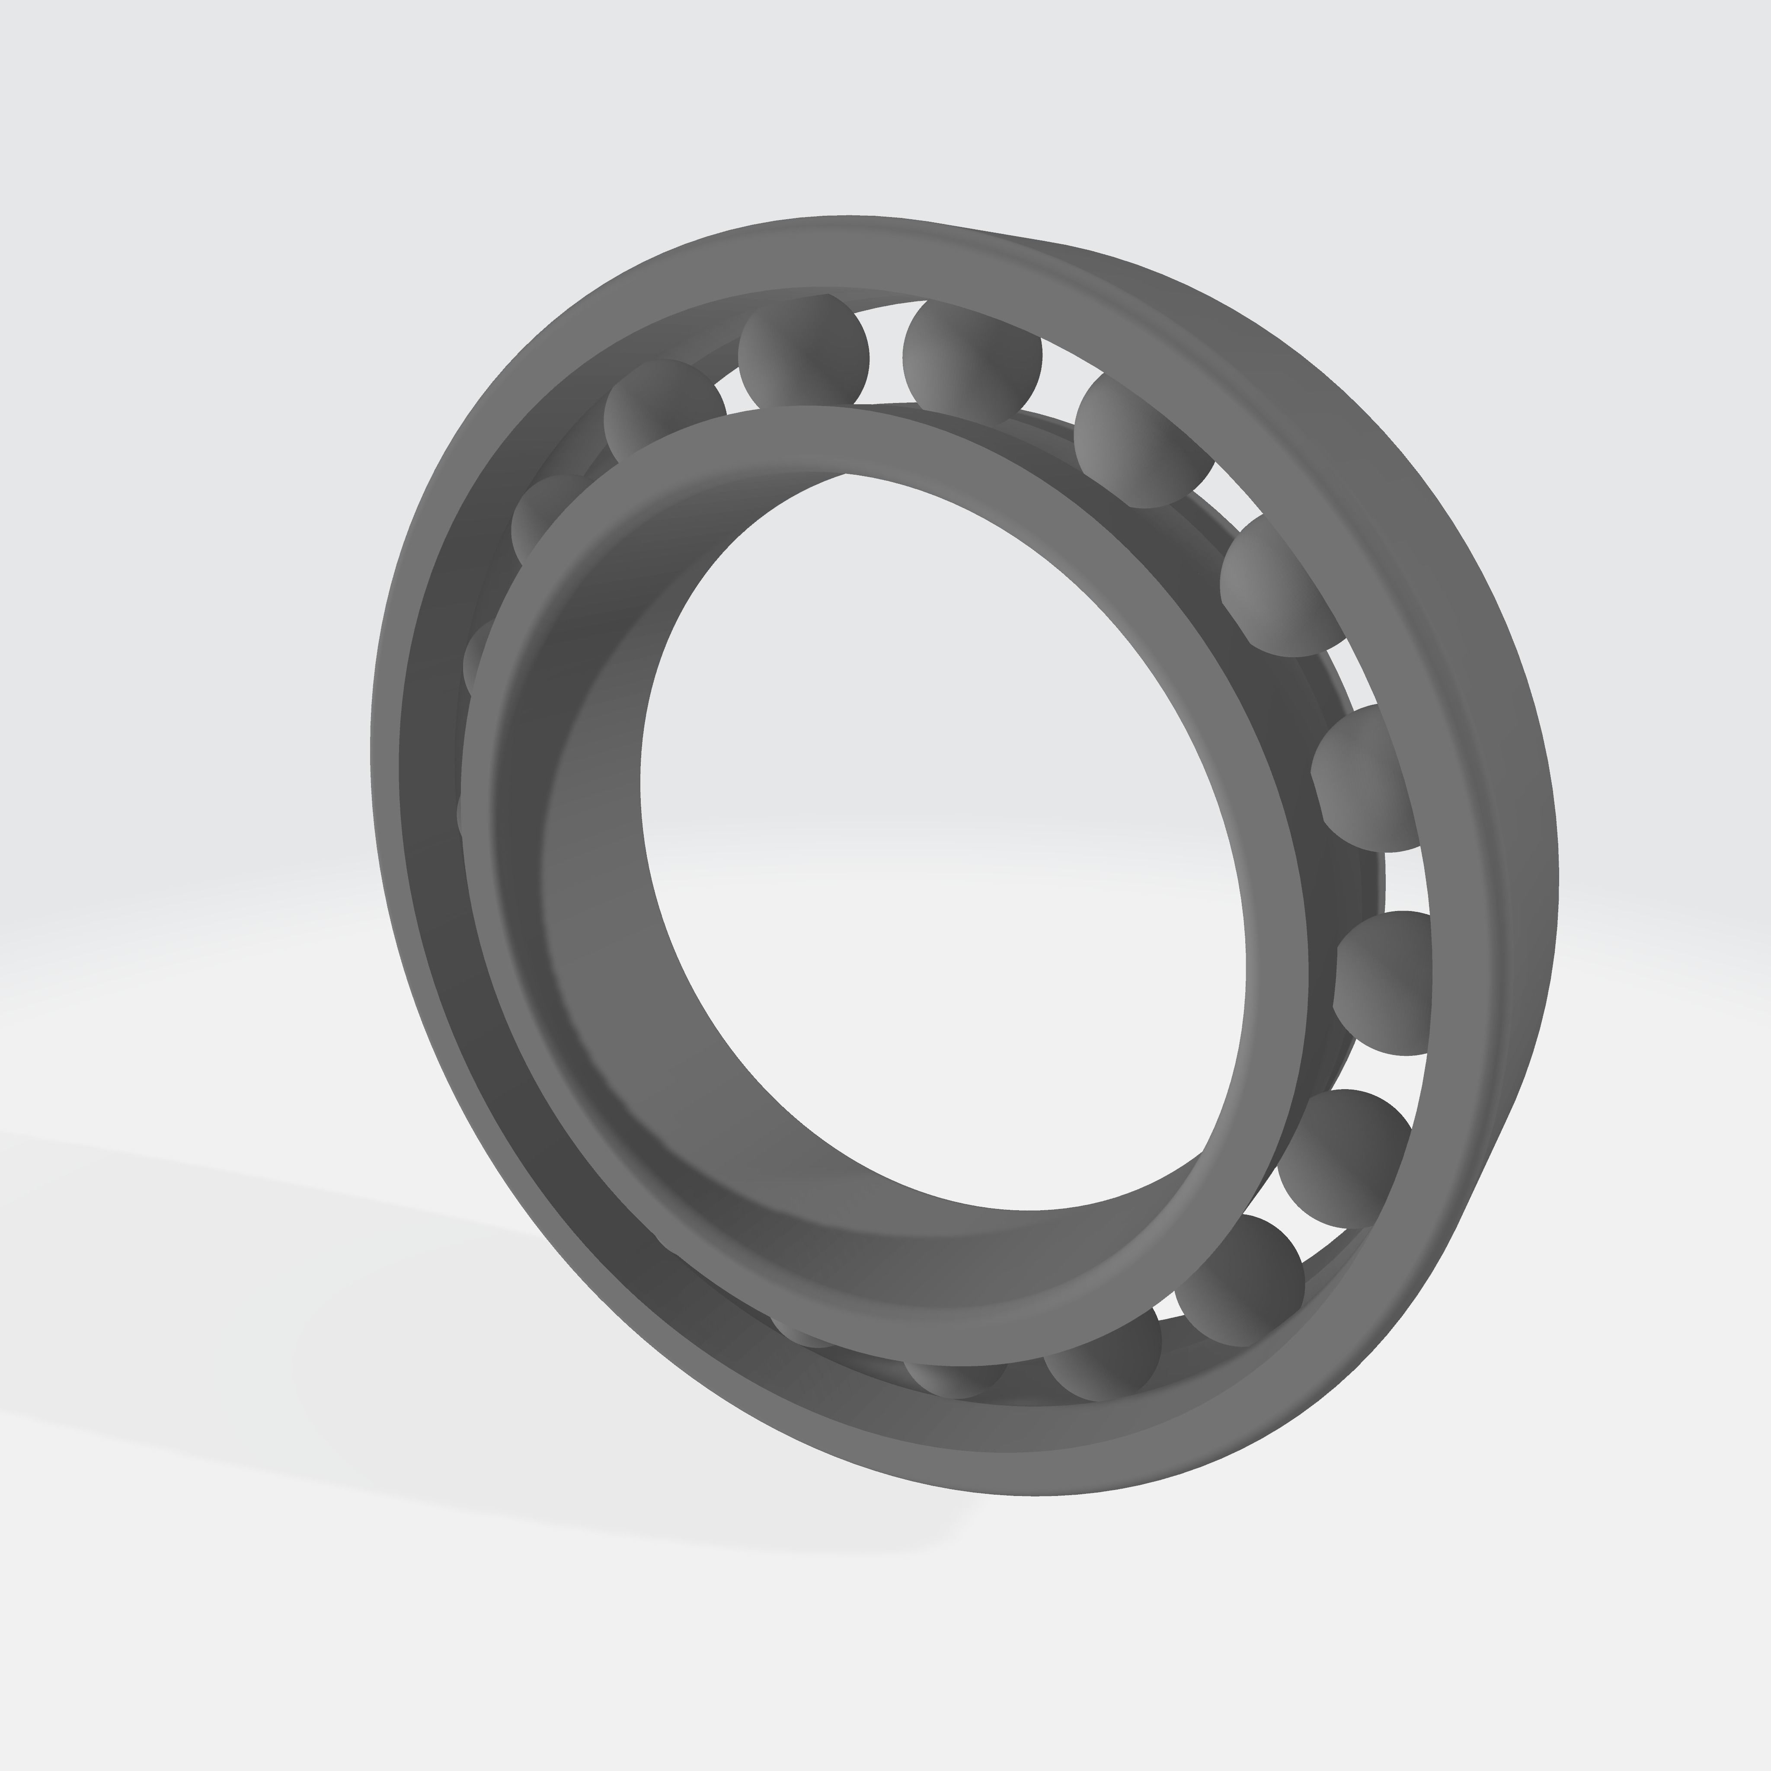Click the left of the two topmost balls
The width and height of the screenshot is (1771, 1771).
click(803, 353)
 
